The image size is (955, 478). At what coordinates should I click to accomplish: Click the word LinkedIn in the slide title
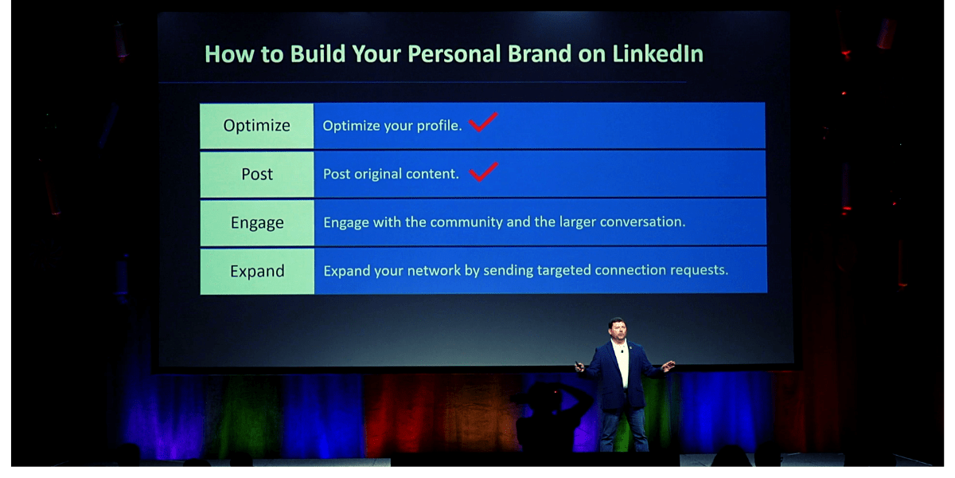click(658, 54)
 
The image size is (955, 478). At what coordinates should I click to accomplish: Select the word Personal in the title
click(454, 54)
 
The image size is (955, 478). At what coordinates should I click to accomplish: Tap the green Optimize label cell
click(256, 126)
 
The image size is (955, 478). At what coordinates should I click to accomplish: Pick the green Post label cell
click(256, 174)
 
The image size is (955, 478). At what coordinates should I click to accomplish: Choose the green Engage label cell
click(256, 223)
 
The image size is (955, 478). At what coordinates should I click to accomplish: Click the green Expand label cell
click(256, 272)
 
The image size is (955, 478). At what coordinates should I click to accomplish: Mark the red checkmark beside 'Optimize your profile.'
click(483, 122)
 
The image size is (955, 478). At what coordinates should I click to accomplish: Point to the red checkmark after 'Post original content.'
click(484, 171)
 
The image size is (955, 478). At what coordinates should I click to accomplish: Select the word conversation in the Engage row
click(642, 222)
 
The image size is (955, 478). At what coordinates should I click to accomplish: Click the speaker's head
click(618, 330)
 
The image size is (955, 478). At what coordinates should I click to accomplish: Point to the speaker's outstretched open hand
click(668, 366)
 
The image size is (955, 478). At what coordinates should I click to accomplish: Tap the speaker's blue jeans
click(624, 428)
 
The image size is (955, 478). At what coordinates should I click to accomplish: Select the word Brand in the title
click(540, 54)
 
